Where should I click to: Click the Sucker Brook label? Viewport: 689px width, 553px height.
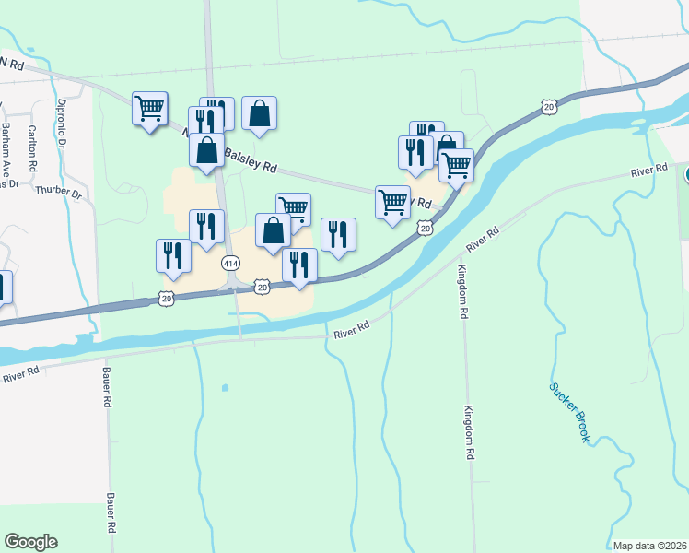(569, 412)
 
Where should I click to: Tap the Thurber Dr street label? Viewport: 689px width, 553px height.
(58, 195)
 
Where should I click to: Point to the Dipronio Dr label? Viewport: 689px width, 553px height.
(62, 124)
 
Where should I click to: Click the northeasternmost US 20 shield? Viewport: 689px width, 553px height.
(549, 108)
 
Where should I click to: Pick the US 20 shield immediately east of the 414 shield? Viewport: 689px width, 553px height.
(262, 288)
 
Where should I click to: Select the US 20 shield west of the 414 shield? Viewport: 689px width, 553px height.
(165, 298)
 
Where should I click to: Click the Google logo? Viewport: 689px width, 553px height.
(30, 542)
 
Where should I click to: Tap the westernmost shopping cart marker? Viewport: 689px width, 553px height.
(149, 110)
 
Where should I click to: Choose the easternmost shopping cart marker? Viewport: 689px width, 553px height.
(456, 166)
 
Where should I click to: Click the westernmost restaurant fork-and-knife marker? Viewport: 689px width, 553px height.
(173, 257)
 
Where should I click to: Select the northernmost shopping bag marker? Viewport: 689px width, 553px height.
(260, 114)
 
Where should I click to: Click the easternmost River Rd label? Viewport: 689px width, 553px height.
(648, 171)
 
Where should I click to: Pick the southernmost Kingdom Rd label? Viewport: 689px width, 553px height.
(470, 432)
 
